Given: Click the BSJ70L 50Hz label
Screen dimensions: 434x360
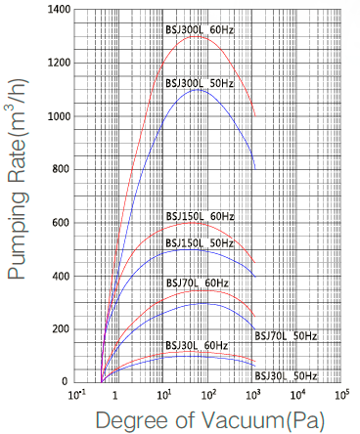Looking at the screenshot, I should pos(286,336).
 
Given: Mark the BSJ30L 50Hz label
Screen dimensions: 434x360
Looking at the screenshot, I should pos(286,375).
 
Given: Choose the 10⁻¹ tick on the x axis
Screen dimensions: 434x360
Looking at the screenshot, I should pos(73,395).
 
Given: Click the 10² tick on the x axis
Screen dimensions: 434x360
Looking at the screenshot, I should pos(207,395).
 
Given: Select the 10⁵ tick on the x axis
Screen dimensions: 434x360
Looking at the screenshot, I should pos(341,395).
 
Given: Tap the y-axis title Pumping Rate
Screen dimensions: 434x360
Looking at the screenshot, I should pos(18,195).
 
